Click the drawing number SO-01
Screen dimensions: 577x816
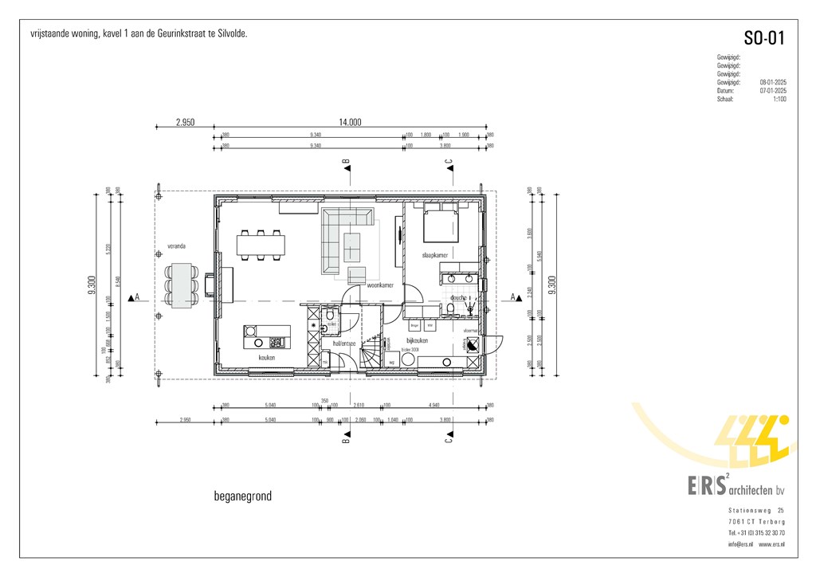click(763, 38)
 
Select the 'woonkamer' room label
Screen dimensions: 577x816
click(379, 285)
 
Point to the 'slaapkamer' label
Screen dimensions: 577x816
click(434, 255)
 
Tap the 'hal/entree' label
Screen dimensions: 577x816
click(343, 343)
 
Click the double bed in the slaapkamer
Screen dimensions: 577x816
click(440, 223)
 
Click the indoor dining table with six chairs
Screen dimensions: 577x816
click(261, 244)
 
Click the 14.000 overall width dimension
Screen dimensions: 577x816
click(350, 123)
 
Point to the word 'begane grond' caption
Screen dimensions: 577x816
click(242, 496)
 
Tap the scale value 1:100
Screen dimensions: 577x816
click(779, 99)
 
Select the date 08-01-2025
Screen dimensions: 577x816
click(773, 82)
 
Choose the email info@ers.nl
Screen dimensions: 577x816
click(739, 544)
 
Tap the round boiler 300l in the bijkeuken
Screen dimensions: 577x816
click(408, 359)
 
